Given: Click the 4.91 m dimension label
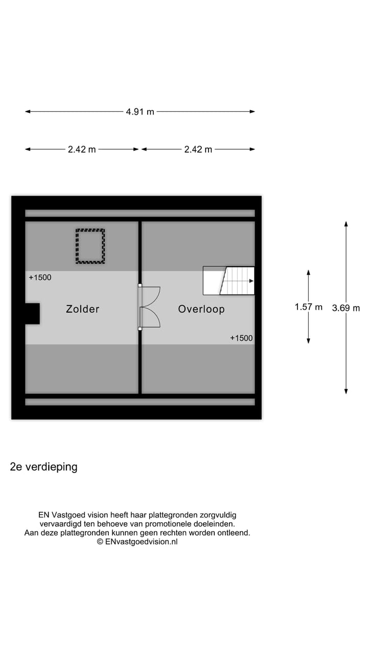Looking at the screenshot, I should pos(140,112).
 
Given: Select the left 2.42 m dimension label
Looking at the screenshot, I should pos(82,150).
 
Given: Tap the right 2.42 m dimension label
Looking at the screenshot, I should pos(198,150).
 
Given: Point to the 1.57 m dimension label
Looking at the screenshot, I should pos(309,307).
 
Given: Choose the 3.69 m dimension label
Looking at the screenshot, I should pos(346,308).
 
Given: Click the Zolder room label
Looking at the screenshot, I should pos(83,309).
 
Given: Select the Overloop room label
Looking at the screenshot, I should pos(201,309).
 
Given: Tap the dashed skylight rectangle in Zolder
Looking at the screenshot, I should pos(90,246).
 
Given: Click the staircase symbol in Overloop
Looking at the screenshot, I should pos(229,281).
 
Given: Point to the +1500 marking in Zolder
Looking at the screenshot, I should pos(40,277).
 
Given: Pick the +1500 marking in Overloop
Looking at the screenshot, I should pos(241,338).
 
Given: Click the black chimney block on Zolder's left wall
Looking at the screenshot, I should pos(32,313).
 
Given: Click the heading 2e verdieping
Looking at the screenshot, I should pos(44,466).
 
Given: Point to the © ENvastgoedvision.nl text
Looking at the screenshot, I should pos(137,542).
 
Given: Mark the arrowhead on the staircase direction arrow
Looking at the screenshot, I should pos(251,281).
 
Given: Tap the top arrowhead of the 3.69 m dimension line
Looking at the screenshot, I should pos(346,224).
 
